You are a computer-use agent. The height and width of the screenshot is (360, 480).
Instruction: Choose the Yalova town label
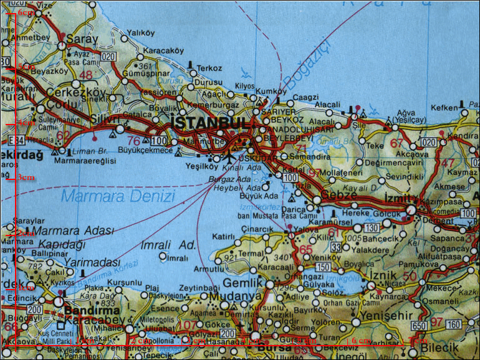(x=307, y=229)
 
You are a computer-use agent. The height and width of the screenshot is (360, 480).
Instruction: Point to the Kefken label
(x=444, y=108)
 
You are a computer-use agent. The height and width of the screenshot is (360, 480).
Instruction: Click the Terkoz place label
(x=209, y=68)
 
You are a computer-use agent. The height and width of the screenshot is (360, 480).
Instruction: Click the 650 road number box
(x=420, y=325)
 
